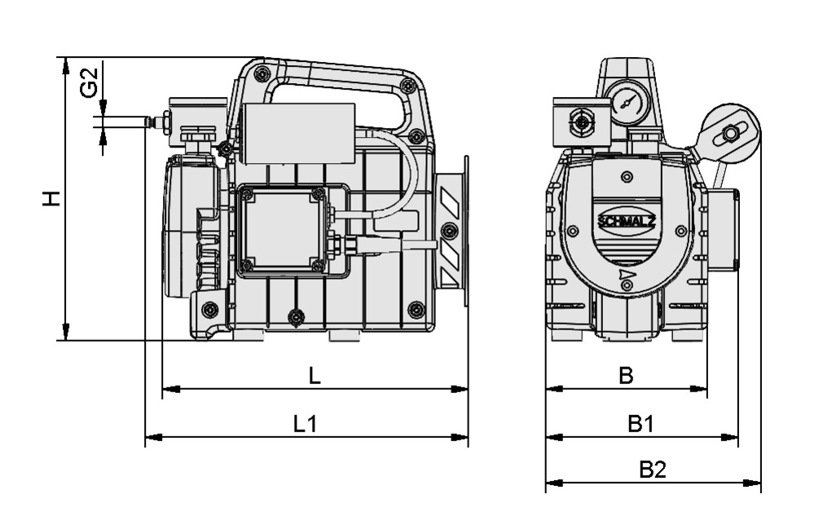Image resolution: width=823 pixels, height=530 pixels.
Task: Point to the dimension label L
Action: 315,376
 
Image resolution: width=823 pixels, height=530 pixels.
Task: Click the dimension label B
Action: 625,375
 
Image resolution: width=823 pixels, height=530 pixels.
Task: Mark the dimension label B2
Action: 652,470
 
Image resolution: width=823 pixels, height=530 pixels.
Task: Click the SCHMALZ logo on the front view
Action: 625,221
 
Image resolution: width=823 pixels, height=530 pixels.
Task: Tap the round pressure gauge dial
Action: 628,102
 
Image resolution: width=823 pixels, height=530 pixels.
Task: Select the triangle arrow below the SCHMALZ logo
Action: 625,274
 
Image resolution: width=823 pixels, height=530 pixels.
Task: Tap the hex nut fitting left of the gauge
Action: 580,123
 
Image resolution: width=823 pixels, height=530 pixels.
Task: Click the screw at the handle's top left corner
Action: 260,74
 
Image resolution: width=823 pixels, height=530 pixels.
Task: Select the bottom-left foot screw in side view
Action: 209,309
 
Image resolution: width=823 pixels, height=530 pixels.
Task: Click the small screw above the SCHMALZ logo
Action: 626,177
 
